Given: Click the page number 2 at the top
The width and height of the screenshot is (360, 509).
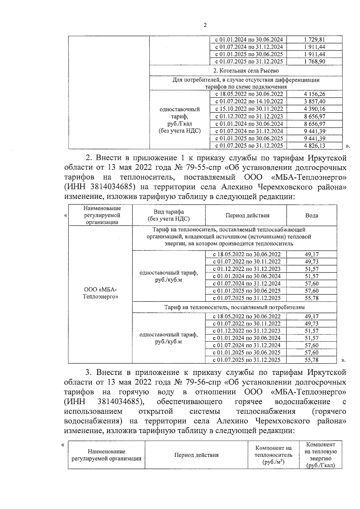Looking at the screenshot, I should tap(205, 25).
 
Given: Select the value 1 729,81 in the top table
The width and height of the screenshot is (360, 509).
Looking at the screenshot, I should tap(314, 40).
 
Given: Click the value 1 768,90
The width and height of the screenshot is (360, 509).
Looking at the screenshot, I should tap(314, 61).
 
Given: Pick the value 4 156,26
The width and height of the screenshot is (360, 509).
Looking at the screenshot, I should tap(314, 94).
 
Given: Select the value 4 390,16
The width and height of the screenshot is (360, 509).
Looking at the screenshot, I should tap(314, 109).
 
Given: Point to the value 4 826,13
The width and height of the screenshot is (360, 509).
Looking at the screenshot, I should tap(314, 146).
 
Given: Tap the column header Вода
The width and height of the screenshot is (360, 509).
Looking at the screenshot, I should tap(311, 215).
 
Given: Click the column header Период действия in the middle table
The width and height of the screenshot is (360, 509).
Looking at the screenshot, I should tap(247, 215).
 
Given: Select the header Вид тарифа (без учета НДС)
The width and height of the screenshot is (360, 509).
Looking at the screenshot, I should tap(169, 215).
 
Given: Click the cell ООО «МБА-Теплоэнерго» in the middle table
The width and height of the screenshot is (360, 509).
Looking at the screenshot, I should tap(100, 293).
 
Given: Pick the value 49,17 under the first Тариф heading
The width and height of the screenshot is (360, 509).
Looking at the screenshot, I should tap(311, 255).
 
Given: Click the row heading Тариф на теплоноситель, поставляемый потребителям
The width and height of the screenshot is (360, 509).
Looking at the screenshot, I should tap(234, 307).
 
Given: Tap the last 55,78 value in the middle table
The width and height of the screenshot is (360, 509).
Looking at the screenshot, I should tap(311, 360).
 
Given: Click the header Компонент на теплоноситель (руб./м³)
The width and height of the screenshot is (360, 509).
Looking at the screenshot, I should tap(273, 455).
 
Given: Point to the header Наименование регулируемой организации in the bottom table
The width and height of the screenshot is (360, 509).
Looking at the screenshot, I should tap(106, 455).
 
